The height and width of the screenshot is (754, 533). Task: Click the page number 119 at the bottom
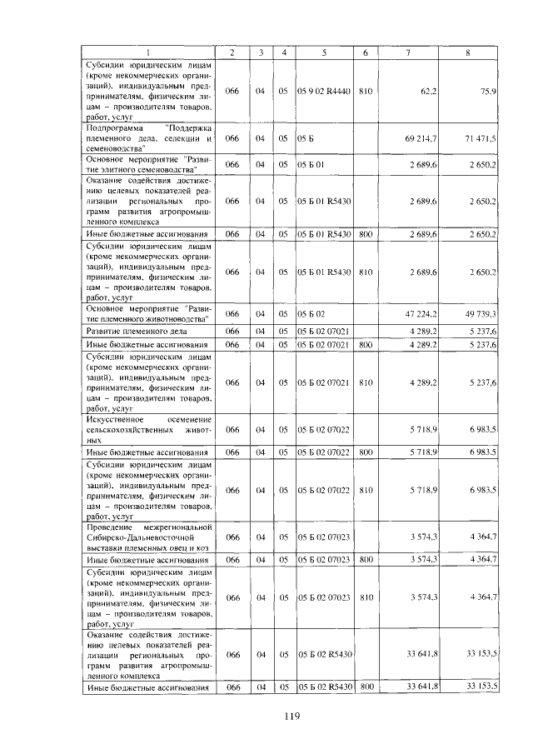click(290, 716)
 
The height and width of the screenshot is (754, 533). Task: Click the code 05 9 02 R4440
click(324, 90)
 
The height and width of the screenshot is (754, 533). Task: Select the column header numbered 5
click(324, 53)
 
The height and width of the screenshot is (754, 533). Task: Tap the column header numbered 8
click(468, 53)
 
